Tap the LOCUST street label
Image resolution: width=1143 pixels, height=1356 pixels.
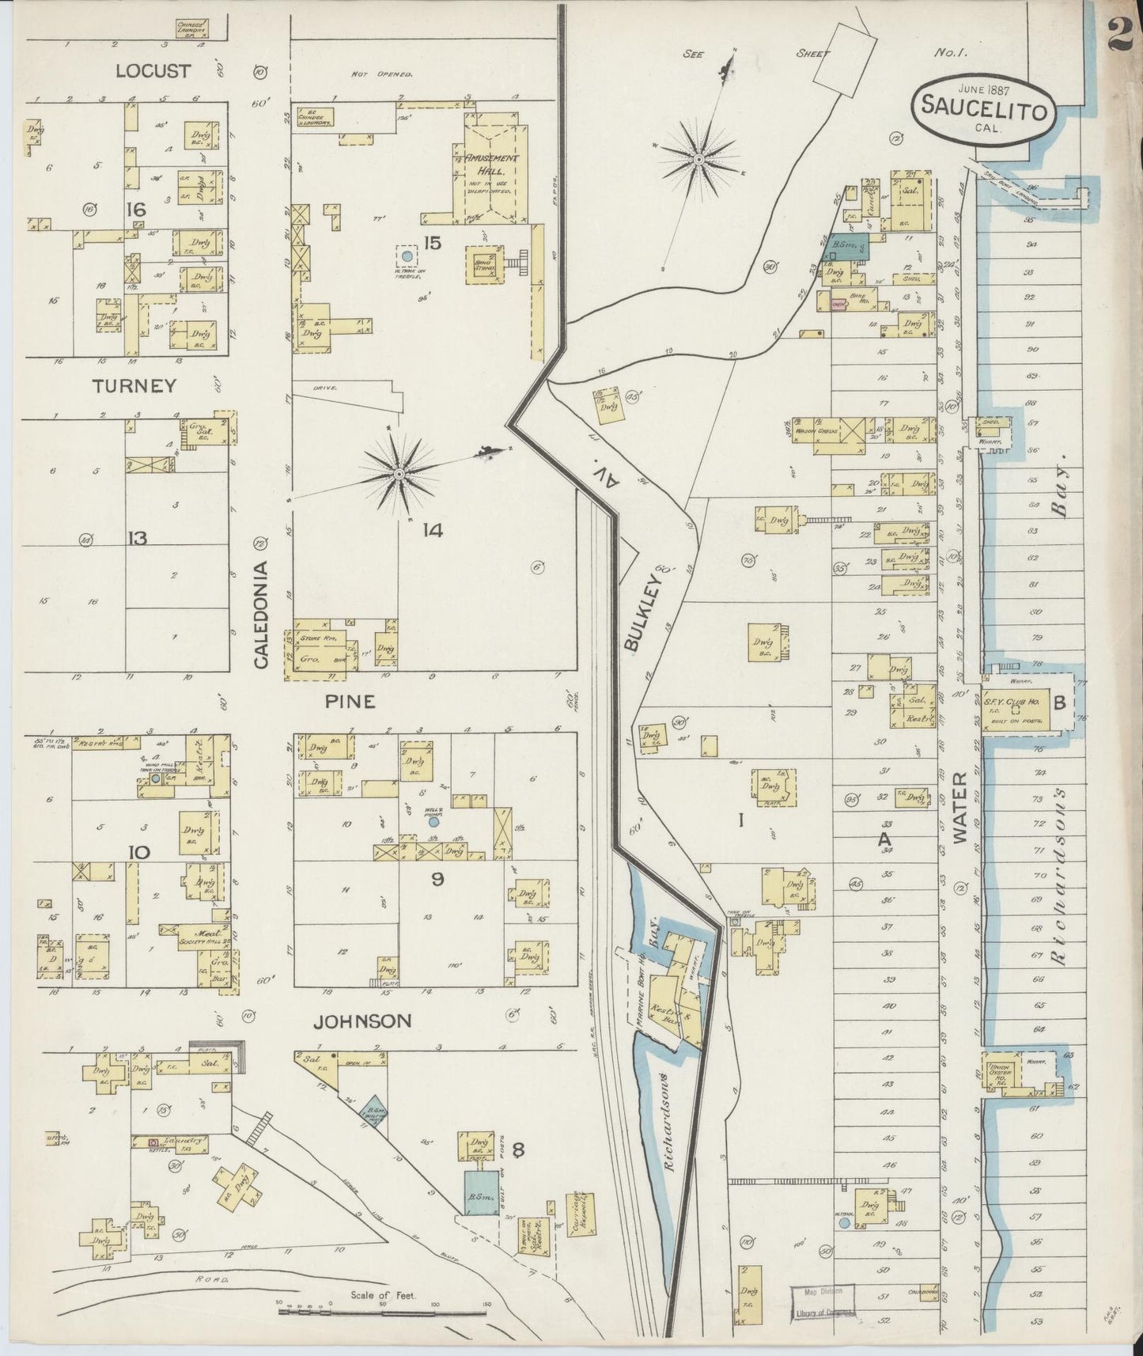[153, 71]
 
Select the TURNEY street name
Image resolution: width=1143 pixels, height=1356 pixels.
[134, 386]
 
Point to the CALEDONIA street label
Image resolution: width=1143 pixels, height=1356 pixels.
[263, 616]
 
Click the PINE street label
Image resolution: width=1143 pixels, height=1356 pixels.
[348, 702]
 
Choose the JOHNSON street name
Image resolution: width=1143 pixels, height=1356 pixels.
[362, 1021]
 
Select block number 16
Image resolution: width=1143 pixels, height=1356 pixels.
[136, 210]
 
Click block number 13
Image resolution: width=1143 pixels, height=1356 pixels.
[138, 539]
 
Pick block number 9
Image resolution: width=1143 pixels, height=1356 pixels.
[437, 877]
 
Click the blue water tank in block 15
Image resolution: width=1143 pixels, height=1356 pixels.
[407, 256]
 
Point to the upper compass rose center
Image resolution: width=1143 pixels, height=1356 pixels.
[699, 160]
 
